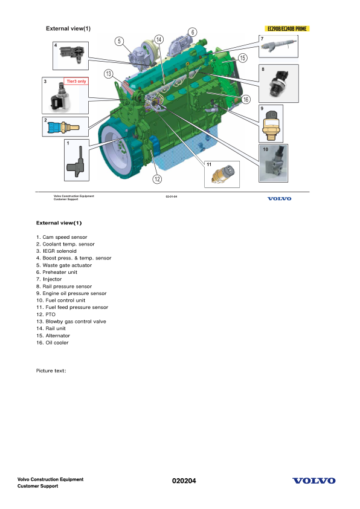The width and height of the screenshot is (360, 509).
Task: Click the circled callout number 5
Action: coord(120,41)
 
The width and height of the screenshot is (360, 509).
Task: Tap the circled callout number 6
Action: coord(192,32)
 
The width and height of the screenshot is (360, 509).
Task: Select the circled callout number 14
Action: coord(159,39)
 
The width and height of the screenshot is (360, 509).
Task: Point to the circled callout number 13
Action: coord(108,74)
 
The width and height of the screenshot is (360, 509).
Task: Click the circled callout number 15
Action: coord(242,58)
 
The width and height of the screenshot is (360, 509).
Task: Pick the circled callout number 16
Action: coord(246,99)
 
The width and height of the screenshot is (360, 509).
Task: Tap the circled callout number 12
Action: coord(157,178)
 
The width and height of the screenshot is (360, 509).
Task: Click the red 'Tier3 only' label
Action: coord(76,81)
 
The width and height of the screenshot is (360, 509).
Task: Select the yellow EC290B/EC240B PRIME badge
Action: coord(288,28)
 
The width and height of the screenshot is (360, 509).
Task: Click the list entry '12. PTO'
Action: coord(47,315)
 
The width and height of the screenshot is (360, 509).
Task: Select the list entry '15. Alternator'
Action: coord(53,336)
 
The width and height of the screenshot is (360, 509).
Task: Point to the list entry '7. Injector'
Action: coord(49,280)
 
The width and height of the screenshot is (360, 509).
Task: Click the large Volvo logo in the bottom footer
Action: coord(314,481)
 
